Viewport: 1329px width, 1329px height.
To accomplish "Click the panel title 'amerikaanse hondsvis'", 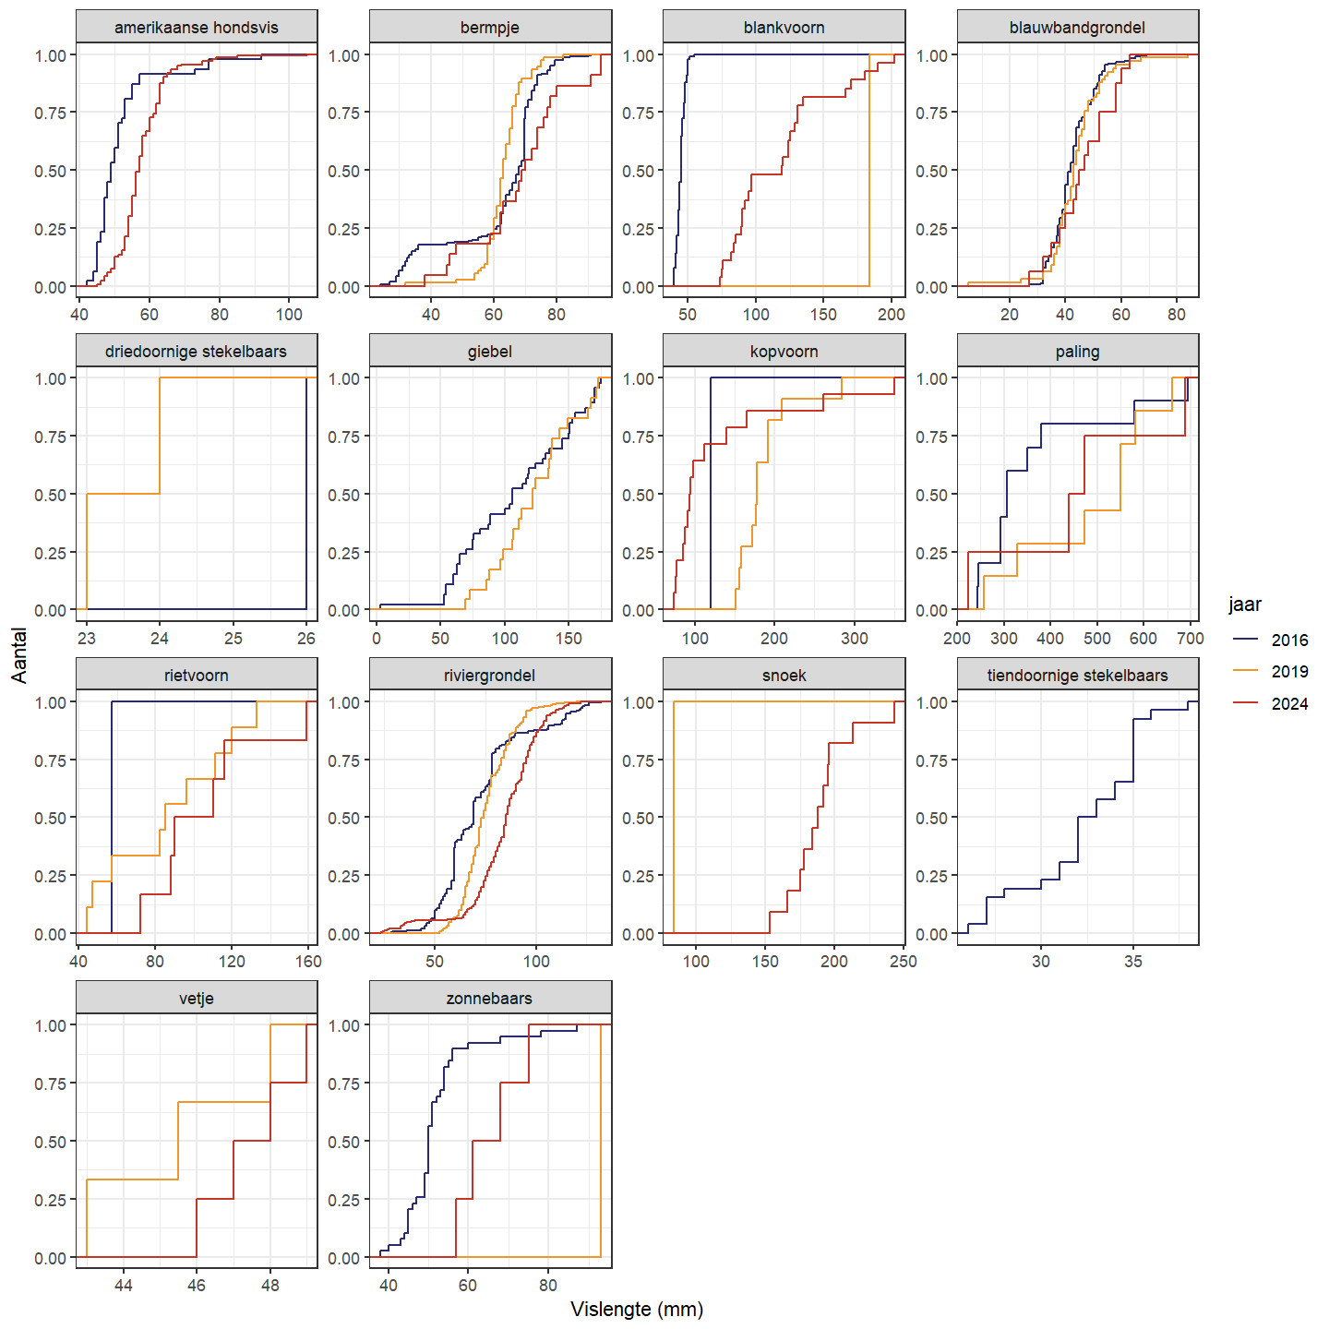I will point(196,28).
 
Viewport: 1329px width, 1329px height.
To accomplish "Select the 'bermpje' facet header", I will point(489,28).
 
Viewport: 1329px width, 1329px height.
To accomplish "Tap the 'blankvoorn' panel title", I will point(784,28).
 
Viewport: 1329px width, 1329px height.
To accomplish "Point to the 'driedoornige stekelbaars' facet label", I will point(196,352).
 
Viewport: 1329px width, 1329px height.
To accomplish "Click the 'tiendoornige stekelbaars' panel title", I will point(1077,676).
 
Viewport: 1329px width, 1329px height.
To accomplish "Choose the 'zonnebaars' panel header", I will point(489,999).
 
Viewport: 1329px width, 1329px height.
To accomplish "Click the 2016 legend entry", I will point(1288,641).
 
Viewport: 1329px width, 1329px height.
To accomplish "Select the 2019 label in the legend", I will point(1288,672).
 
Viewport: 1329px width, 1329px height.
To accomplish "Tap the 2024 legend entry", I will point(1288,704).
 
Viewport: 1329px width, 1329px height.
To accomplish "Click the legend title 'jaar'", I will point(1244,605).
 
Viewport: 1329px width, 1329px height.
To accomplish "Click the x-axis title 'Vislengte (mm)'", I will point(637,1310).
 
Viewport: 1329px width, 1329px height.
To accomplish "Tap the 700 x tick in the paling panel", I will point(1191,639).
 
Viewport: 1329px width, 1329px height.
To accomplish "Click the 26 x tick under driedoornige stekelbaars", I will point(306,639).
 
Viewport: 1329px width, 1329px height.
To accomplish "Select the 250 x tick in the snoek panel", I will point(903,962).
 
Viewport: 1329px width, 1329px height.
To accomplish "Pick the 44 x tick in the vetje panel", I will point(124,1286).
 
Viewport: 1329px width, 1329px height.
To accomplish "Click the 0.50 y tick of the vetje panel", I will point(50,1142).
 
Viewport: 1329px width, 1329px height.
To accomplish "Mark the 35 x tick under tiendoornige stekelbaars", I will point(1133,962).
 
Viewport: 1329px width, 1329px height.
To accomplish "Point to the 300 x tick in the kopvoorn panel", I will point(855,639).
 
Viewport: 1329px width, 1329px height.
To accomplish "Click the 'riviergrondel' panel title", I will point(489,676).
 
